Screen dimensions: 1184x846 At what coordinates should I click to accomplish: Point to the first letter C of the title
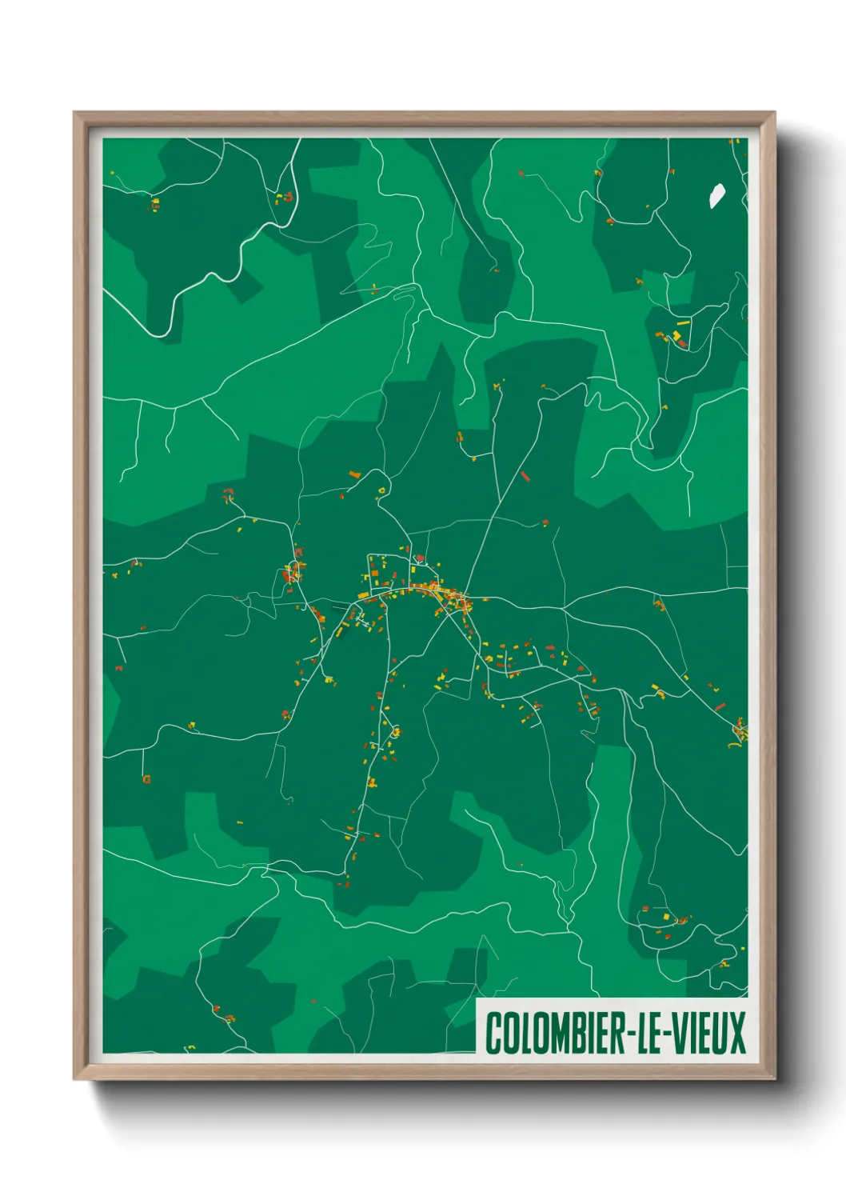point(493,1033)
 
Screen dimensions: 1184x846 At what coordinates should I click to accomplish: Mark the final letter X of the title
point(737,1033)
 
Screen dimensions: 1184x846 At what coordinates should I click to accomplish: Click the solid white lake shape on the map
point(716,196)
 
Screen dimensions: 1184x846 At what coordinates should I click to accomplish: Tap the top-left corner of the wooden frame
point(76,114)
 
